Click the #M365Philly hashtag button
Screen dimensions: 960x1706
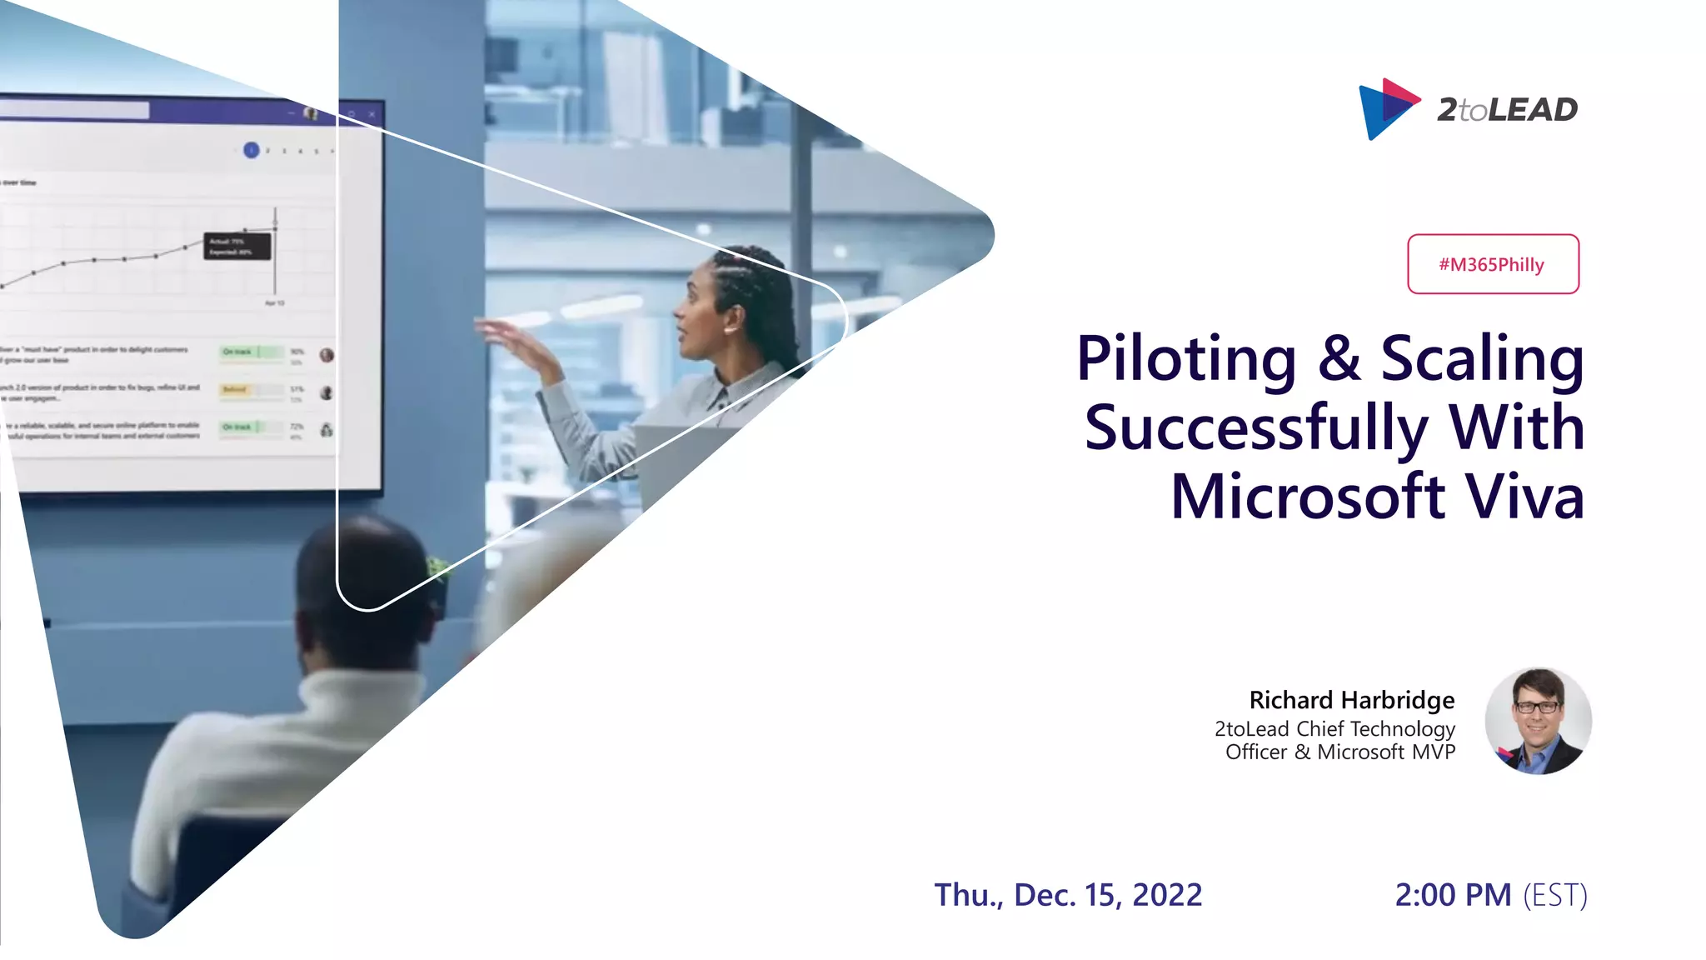[1492, 264]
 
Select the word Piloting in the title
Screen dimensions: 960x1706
[1185, 359]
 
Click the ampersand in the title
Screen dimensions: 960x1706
[1339, 359]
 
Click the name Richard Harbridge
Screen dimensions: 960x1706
[1351, 700]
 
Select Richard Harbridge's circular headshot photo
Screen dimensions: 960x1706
[1538, 721]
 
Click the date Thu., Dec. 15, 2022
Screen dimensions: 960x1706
[1068, 895]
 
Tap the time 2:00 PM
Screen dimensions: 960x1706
[1453, 895]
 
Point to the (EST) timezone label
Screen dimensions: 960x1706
[1555, 895]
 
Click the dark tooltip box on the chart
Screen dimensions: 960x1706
[237, 247]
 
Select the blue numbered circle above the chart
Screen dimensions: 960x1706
[251, 150]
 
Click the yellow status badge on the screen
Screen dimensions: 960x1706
[234, 389]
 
